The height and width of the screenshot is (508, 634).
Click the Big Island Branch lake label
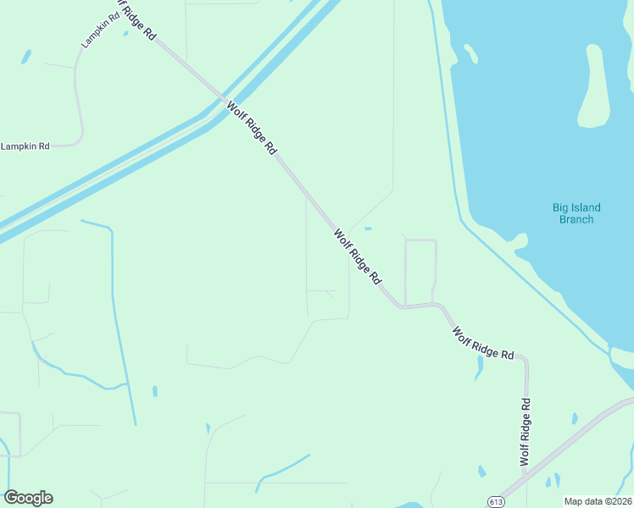(576, 213)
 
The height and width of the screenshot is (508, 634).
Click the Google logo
(28, 498)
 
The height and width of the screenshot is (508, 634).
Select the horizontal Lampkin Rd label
(25, 146)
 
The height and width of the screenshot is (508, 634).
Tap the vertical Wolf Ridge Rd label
(526, 432)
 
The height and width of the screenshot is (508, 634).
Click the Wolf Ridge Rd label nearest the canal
(252, 127)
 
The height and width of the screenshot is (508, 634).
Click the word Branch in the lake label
(576, 219)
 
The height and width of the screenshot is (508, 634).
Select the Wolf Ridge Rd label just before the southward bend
(483, 343)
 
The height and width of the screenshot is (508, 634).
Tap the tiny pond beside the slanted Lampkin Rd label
(125, 34)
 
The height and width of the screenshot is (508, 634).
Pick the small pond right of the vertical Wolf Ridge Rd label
(575, 418)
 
